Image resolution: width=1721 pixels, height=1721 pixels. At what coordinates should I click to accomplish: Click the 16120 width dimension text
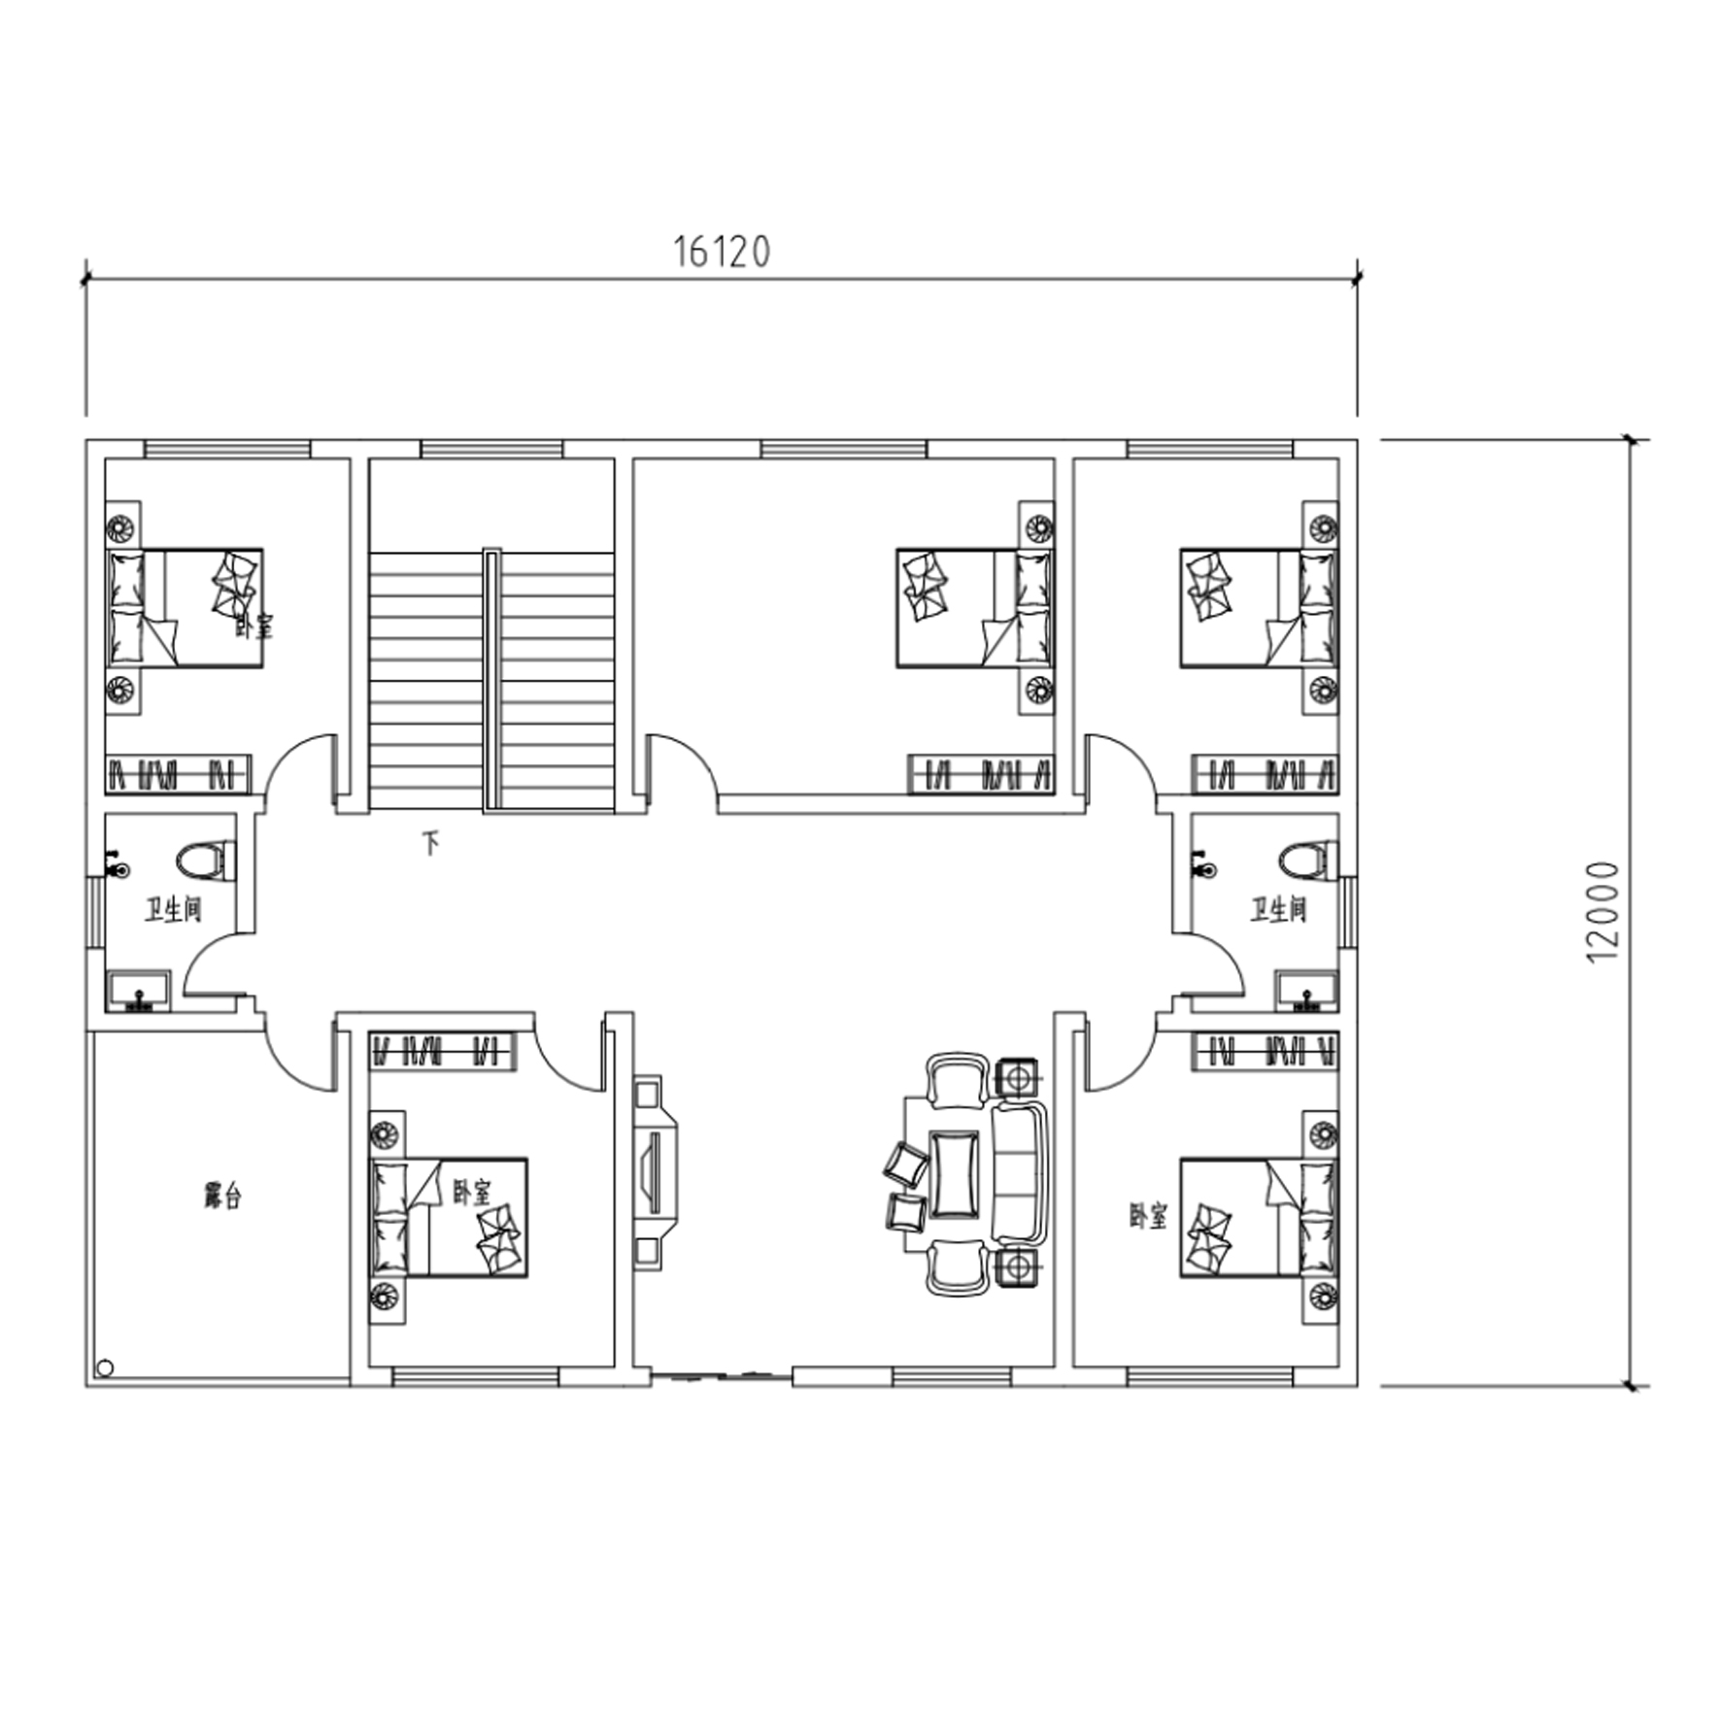722,252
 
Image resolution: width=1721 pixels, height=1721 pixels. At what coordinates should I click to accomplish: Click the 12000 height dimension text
1603,912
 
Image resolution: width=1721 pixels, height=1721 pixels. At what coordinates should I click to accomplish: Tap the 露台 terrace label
222,1196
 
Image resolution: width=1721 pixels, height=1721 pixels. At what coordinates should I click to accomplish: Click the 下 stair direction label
430,842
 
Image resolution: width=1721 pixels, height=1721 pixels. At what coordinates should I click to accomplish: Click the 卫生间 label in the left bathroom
174,910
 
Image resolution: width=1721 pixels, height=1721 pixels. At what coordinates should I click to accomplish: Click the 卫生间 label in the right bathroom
1278,910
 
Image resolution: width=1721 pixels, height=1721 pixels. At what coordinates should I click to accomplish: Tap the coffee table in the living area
954,1173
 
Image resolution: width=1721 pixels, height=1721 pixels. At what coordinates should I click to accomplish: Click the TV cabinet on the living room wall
654,1172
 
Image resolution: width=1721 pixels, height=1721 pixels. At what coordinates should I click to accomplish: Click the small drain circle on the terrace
105,1368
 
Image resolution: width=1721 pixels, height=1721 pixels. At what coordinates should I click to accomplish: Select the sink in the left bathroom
137,991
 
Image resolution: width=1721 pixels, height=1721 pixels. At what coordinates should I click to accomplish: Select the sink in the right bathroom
1307,991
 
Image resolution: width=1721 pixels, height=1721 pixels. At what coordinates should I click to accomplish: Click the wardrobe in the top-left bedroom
178,774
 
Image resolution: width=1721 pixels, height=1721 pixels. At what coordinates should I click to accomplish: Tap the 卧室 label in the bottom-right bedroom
1148,1216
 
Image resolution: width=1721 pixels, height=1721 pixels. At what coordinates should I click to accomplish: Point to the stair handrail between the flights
491,679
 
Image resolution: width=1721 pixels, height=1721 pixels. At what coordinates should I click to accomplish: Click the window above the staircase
491,449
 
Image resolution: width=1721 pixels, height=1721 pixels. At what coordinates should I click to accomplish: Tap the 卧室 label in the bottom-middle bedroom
472,1192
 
